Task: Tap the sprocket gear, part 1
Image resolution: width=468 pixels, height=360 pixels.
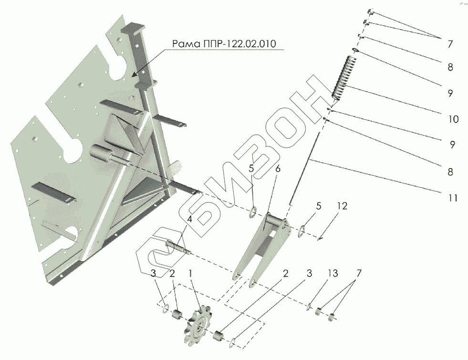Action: tap(197, 327)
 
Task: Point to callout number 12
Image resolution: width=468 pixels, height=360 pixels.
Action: tap(342, 206)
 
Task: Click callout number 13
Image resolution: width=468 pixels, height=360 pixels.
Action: tap(333, 274)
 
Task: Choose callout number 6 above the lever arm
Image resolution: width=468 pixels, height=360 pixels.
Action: tap(278, 169)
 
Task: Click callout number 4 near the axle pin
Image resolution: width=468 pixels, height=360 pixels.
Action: tap(189, 220)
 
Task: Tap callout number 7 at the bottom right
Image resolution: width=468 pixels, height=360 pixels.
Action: tap(359, 274)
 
